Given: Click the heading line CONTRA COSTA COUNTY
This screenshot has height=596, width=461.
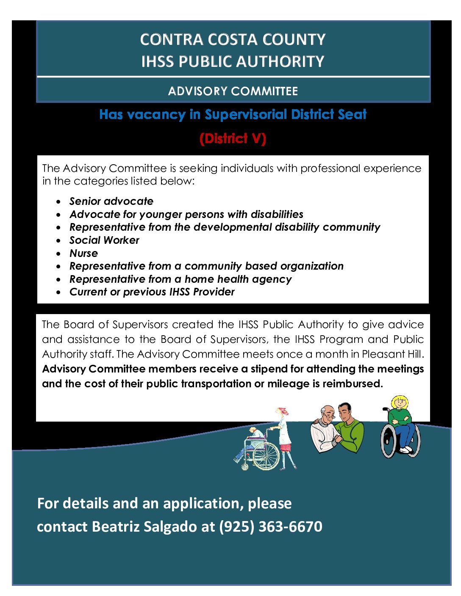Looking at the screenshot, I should click(x=233, y=39).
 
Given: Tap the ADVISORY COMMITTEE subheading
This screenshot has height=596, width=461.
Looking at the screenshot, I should click(x=233, y=91).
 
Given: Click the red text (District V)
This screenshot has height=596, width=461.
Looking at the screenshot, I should click(x=233, y=138).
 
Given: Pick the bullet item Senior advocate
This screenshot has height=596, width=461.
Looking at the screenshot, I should click(x=111, y=201).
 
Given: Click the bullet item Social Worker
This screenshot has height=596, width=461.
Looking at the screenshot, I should click(x=104, y=240).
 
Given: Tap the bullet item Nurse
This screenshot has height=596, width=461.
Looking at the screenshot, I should click(x=83, y=253).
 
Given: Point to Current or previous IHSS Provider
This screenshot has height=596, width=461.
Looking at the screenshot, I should click(x=152, y=292).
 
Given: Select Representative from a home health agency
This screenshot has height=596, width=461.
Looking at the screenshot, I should click(x=181, y=279).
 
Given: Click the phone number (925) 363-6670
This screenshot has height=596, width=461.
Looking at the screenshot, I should click(x=271, y=526).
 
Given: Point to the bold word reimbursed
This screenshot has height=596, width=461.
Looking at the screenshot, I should click(x=352, y=384).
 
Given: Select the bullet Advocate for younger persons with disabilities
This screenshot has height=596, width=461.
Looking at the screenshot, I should click(x=186, y=214).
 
